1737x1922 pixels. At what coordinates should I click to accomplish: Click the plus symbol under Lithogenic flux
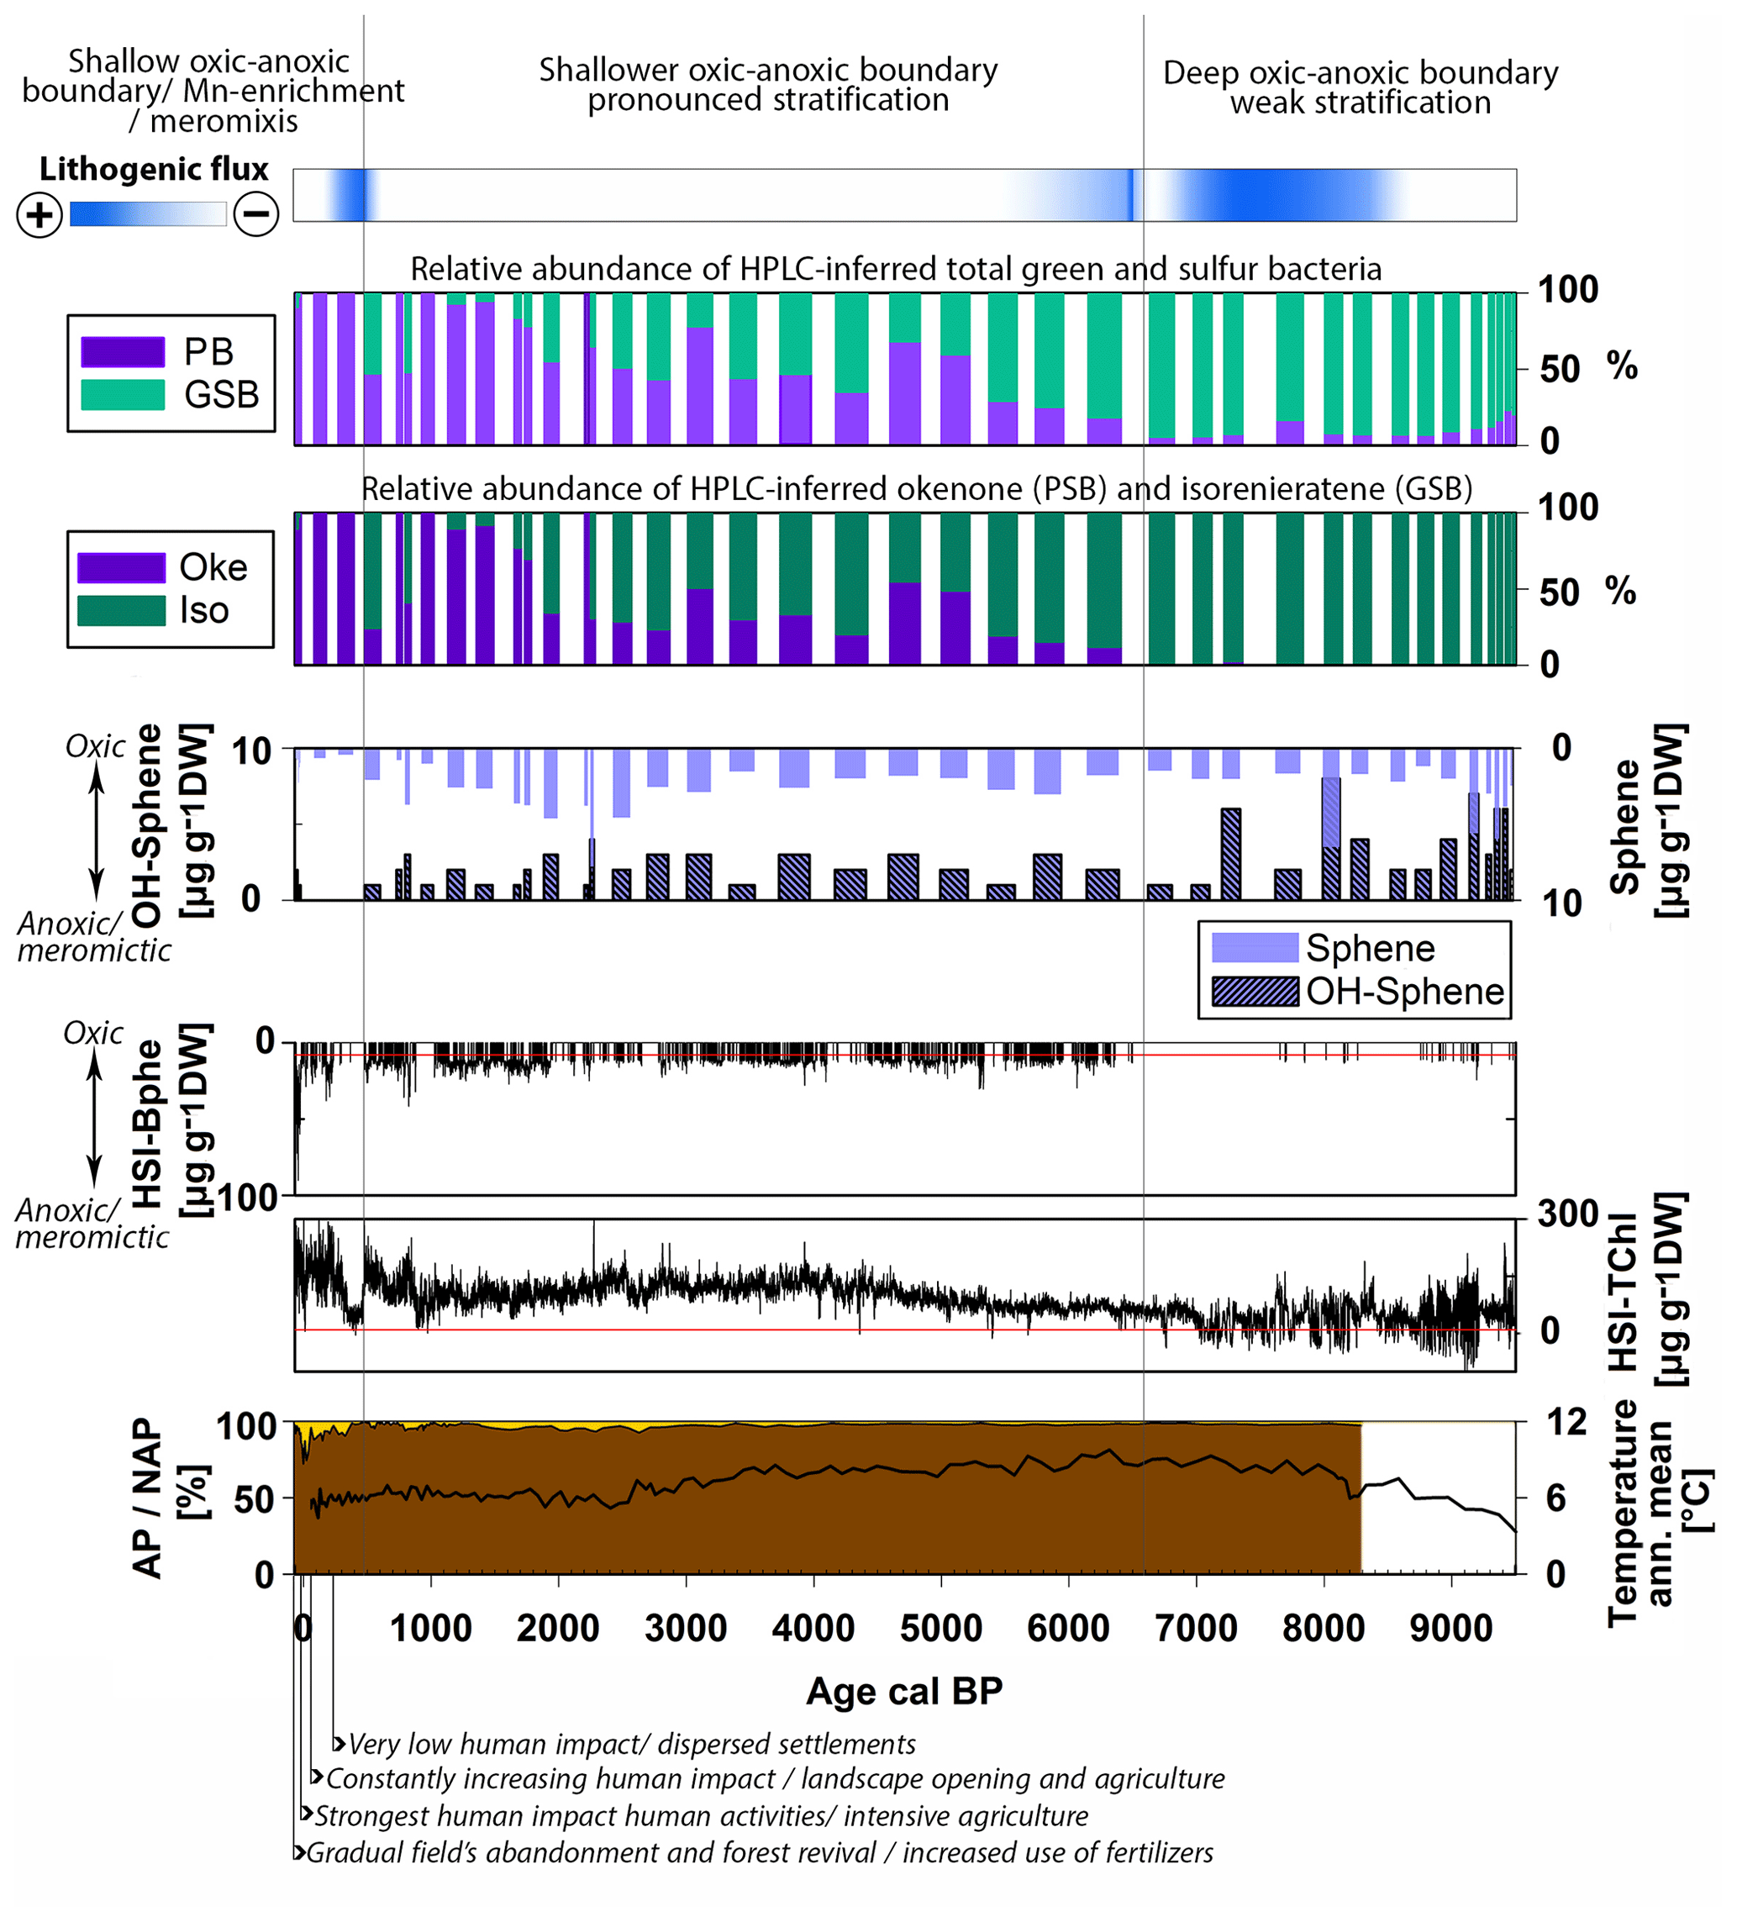[39, 214]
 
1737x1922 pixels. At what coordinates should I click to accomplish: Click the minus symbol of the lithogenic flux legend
[256, 213]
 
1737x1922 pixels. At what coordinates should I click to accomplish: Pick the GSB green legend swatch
[123, 395]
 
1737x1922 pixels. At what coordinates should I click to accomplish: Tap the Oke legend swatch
[121, 568]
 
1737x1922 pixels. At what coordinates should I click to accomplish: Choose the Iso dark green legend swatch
[121, 611]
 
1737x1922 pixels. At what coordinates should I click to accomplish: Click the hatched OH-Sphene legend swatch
[1254, 992]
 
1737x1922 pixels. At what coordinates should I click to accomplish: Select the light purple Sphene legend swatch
[1254, 948]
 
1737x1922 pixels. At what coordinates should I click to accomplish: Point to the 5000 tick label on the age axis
[940, 1629]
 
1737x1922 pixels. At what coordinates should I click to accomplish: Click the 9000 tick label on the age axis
[1450, 1629]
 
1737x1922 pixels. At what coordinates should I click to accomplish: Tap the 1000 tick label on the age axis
[430, 1629]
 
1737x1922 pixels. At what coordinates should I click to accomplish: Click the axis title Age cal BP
[903, 1691]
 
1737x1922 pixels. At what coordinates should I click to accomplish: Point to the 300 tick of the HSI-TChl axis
[1567, 1214]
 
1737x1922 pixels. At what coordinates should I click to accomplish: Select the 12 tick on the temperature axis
[1566, 1423]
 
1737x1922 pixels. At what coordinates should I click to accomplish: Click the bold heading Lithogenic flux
[154, 169]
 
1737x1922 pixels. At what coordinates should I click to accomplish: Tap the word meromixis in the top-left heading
[224, 122]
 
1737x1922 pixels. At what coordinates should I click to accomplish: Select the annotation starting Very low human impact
[631, 1745]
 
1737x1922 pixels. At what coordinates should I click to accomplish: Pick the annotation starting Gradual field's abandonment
[759, 1852]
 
